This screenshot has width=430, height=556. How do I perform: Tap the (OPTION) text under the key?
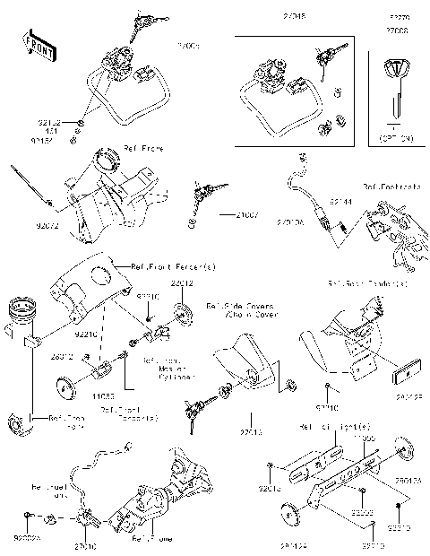point(395,140)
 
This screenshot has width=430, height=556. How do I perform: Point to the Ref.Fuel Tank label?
point(48,492)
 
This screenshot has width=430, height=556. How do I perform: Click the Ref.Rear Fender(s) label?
point(367,283)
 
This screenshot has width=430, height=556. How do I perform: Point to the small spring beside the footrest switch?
point(341,236)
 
